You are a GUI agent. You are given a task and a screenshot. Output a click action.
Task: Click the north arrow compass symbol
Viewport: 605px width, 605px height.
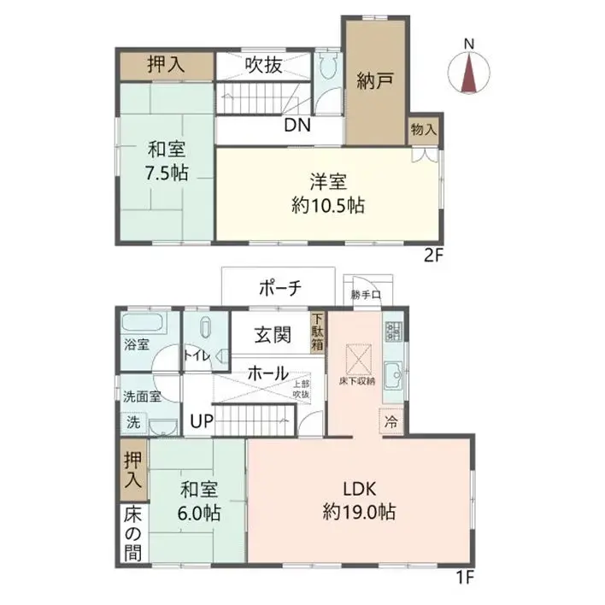[x=468, y=68]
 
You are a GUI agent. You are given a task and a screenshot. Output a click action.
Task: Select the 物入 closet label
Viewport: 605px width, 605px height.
[x=423, y=130]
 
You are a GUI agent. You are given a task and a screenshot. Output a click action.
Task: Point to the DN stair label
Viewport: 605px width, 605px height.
[x=297, y=126]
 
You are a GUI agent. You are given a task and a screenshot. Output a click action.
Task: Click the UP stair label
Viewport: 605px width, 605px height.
[x=202, y=420]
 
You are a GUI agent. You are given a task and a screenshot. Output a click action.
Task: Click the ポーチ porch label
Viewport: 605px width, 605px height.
[x=279, y=289]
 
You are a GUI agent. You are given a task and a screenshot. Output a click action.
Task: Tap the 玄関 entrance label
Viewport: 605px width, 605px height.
[x=270, y=335]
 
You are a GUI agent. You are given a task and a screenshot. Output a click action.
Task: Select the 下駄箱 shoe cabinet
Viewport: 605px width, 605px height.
[x=317, y=332]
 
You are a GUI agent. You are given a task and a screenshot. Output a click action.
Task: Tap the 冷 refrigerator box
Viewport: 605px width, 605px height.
[x=391, y=421]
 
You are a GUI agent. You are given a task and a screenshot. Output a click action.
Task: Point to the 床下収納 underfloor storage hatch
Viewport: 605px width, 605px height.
[x=356, y=355]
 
